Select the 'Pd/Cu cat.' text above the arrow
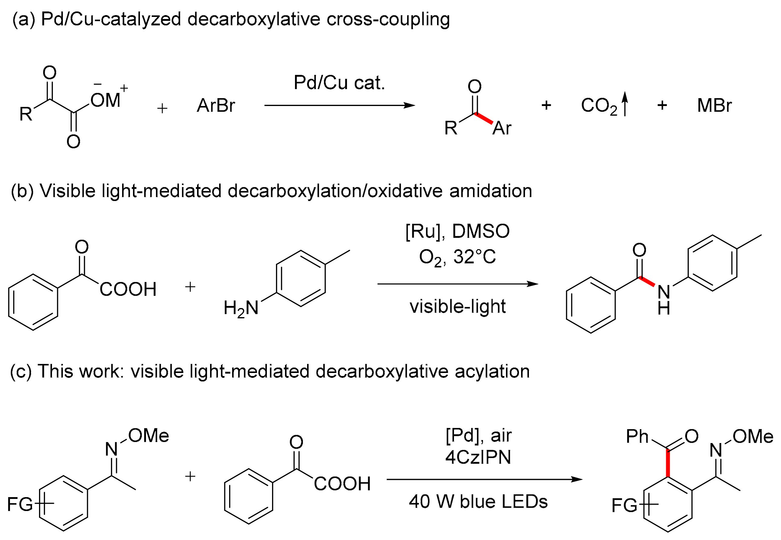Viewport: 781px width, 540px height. click(x=339, y=82)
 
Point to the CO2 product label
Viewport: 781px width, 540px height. click(x=599, y=106)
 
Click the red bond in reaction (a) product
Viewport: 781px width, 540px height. click(x=484, y=119)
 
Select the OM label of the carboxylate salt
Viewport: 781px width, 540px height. click(x=105, y=100)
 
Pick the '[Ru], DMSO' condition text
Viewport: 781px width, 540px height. click(x=457, y=231)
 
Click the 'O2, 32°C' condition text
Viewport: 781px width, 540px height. click(x=457, y=257)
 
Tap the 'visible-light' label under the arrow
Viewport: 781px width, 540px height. click(x=457, y=307)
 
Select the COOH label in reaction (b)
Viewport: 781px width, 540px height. click(x=128, y=290)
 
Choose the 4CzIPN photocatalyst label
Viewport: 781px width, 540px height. click(x=478, y=458)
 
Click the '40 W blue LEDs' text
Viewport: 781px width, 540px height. click(x=478, y=501)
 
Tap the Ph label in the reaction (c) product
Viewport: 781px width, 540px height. click(x=637, y=436)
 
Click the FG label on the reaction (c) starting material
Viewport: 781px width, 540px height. click(x=20, y=504)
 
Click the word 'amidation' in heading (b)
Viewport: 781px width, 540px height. click(x=491, y=191)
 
